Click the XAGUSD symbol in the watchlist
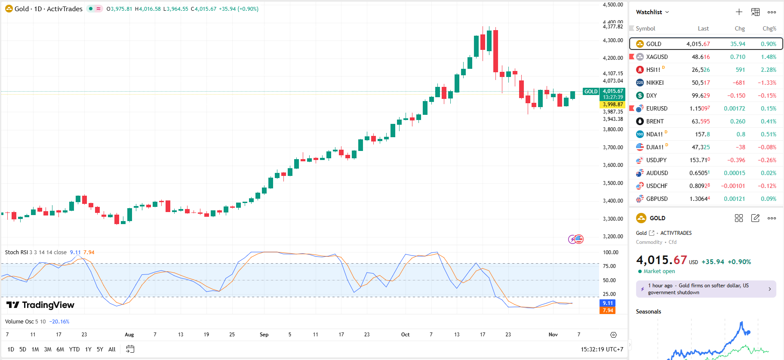click(657, 57)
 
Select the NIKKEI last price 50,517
click(701, 83)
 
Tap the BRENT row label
click(655, 121)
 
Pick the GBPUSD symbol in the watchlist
click(657, 199)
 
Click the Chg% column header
click(769, 28)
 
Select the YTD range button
click(74, 349)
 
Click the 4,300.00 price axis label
click(613, 40)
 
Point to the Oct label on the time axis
click(405, 335)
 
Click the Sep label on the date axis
click(264, 335)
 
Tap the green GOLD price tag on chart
click(590, 92)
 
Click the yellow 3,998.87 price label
click(612, 105)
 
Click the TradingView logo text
click(48, 305)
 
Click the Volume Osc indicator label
click(20, 322)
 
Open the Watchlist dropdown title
click(652, 12)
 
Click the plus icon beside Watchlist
click(739, 12)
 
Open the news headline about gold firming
click(706, 289)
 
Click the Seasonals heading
click(648, 311)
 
